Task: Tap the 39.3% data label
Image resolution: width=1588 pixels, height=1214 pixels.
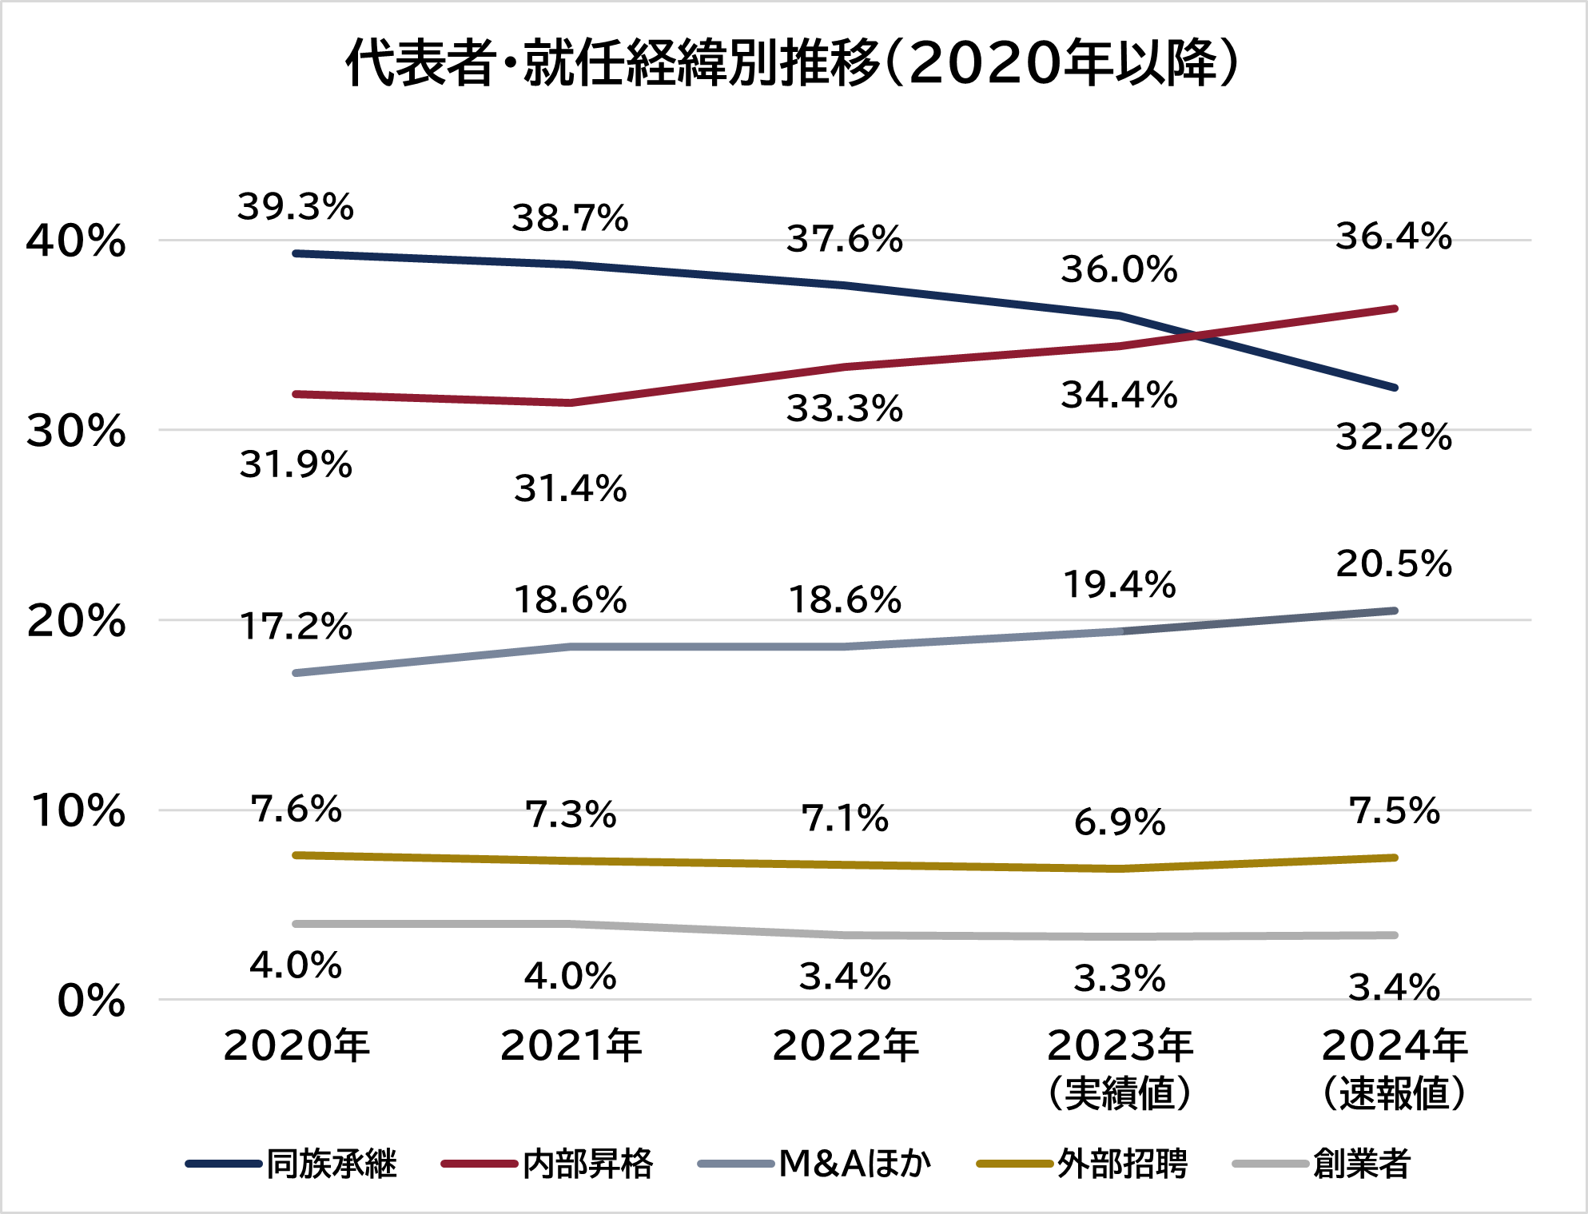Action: [295, 207]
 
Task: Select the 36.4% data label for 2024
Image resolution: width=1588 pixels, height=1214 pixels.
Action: [1394, 237]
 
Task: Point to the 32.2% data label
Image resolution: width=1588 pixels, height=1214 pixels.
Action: [1394, 437]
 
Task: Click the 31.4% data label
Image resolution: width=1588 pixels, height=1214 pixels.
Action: [570, 488]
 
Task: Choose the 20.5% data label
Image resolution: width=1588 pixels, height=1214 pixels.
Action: [1394, 564]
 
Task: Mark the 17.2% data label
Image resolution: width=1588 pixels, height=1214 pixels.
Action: [295, 627]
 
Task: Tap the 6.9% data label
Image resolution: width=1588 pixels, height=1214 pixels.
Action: [1119, 822]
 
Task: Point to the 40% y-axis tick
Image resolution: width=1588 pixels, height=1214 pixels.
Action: [76, 241]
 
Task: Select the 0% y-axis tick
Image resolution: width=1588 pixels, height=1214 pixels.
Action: [91, 1001]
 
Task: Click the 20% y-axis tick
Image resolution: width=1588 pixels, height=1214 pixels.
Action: [76, 621]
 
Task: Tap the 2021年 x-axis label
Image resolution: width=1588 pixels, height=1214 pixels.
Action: [571, 1045]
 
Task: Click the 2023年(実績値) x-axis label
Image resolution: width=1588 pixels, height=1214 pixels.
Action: [1119, 1068]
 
